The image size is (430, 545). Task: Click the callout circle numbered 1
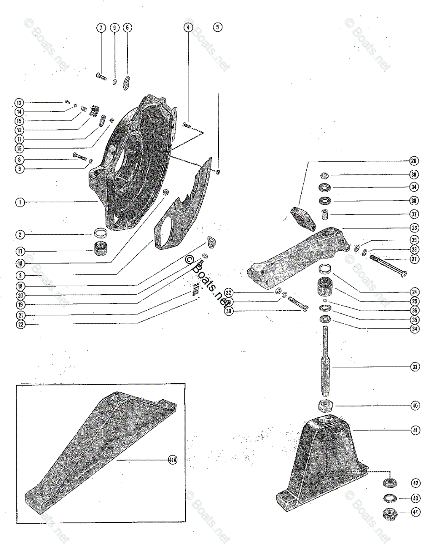point(20,202)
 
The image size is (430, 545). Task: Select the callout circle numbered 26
point(414,161)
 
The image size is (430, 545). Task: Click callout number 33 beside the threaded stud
point(415,366)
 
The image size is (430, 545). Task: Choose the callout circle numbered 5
point(218,28)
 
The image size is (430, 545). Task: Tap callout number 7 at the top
point(100,28)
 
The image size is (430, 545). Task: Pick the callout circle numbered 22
point(20,324)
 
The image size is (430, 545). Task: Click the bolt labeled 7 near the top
point(101,76)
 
